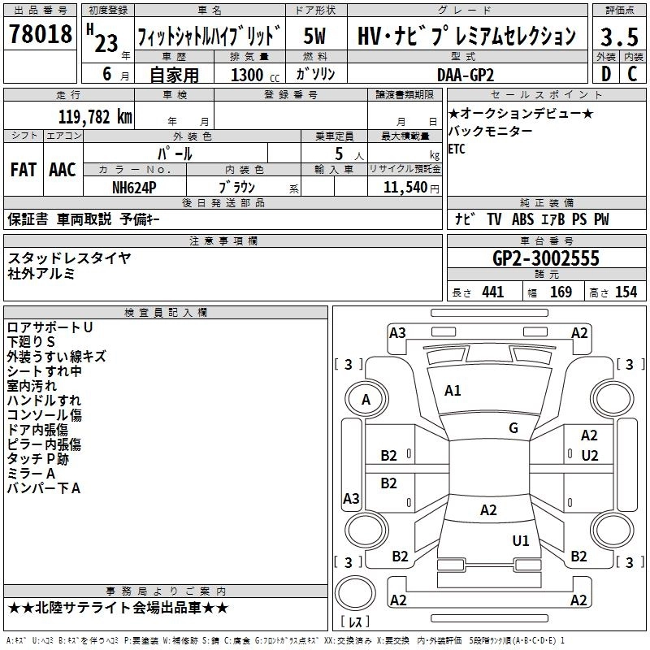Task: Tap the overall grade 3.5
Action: point(617,37)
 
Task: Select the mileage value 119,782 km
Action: point(96,117)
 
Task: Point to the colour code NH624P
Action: point(134,187)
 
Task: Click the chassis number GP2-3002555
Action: point(546,258)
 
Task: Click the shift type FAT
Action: point(23,170)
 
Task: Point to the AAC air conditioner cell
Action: point(63,170)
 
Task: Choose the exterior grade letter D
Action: point(605,74)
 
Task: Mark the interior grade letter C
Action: point(633,74)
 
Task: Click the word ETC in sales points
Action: point(457,149)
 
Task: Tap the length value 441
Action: point(492,292)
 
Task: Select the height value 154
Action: point(626,292)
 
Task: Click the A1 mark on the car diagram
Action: point(453,391)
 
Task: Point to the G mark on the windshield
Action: point(513,428)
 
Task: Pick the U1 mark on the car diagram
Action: point(521,540)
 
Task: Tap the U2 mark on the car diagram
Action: point(590,455)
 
